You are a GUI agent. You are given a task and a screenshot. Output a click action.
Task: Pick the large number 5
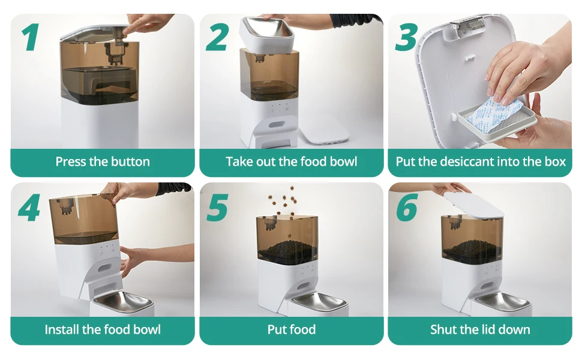tap(217, 207)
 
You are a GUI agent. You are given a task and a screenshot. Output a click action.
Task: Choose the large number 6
tap(406, 207)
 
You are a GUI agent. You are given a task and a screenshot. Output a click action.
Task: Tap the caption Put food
tap(291, 329)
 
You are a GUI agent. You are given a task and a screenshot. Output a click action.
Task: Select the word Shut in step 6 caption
tap(443, 329)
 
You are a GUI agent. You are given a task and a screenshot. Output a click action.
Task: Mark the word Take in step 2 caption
tap(238, 161)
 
